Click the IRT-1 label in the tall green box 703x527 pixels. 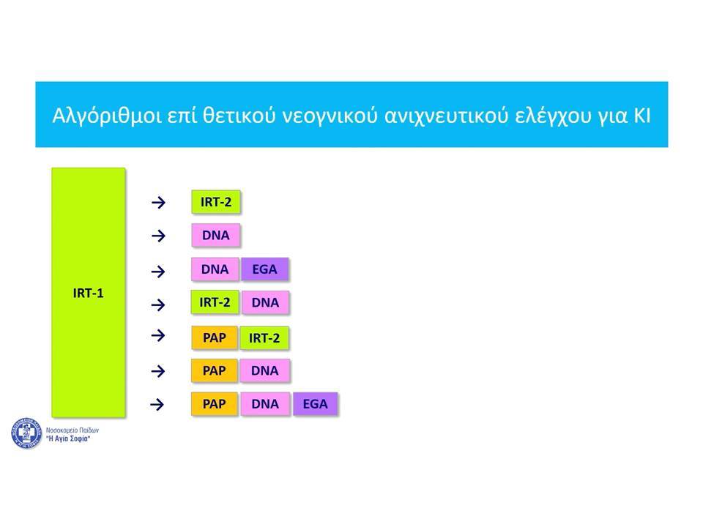(x=89, y=293)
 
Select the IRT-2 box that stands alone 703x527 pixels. (x=215, y=202)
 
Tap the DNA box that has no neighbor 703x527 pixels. (x=215, y=235)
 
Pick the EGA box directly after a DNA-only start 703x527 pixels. (x=264, y=269)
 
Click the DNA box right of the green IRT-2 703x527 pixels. (x=265, y=302)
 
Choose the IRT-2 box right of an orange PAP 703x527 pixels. (x=264, y=338)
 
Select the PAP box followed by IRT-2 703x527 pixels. (x=215, y=338)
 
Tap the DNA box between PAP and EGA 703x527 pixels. (x=265, y=404)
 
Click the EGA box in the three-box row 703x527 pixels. (x=315, y=404)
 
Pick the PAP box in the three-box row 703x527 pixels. (x=215, y=404)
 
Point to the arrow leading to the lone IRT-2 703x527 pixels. (x=158, y=203)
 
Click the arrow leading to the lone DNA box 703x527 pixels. (x=158, y=236)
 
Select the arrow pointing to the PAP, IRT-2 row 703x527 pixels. (x=158, y=336)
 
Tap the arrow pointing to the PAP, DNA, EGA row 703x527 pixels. (x=157, y=405)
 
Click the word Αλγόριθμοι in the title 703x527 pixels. (x=107, y=116)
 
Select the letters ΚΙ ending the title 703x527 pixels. (x=641, y=115)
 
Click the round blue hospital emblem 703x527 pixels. (x=26, y=433)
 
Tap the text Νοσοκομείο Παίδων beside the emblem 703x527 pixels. (x=72, y=430)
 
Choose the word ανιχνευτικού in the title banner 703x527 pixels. (x=447, y=116)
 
